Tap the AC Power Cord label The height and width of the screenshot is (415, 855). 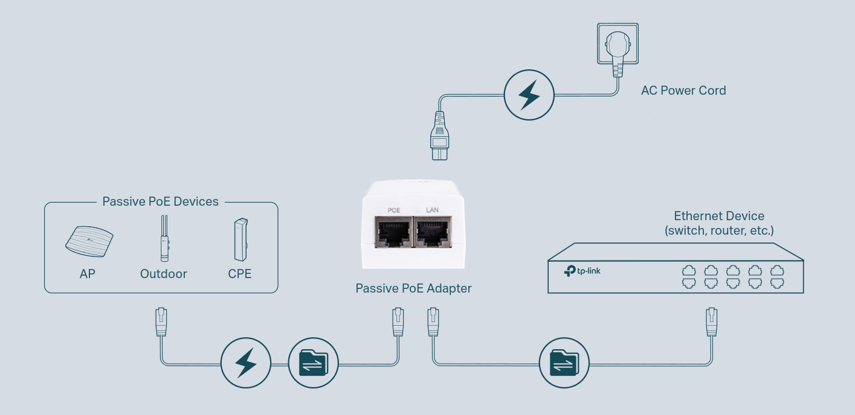pos(683,90)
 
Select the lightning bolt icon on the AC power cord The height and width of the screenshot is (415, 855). pos(529,95)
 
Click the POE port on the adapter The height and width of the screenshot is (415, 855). pos(393,232)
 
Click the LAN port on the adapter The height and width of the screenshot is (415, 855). pos(433,232)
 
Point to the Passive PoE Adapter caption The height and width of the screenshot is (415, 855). pos(413,288)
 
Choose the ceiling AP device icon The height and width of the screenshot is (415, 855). pos(89,242)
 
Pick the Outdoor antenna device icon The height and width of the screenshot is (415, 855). pos(164,238)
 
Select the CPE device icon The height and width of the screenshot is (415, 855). pos(241,239)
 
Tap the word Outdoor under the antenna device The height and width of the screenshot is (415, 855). pos(163,274)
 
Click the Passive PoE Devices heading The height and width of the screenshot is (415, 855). pos(160,201)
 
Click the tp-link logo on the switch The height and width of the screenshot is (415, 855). pos(582,271)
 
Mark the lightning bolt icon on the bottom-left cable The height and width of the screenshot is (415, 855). pos(246,363)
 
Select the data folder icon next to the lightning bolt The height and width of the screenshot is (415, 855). pos(314,363)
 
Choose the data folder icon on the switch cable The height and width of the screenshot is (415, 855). pos(564,363)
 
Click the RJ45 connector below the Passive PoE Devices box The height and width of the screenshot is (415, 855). pos(161,322)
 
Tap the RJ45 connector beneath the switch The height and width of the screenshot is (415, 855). pos(711,322)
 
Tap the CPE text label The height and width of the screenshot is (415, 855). pos(240,274)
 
